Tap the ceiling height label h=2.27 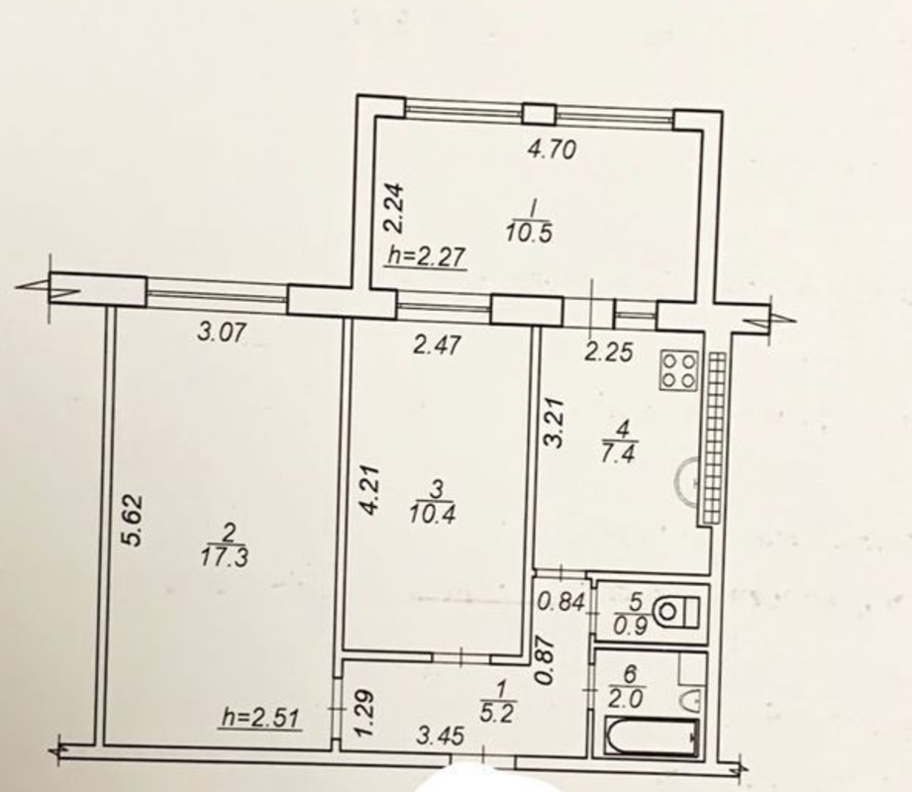[427, 256]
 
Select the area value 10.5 [529, 234]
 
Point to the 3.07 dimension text [223, 334]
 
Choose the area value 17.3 [225, 557]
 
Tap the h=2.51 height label [261, 719]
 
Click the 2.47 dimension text [437, 346]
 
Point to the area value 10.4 [432, 514]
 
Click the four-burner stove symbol [678, 370]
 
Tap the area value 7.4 [619, 453]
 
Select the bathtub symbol [652, 738]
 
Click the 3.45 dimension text [441, 737]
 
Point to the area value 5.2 [498, 713]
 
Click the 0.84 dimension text [560, 602]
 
